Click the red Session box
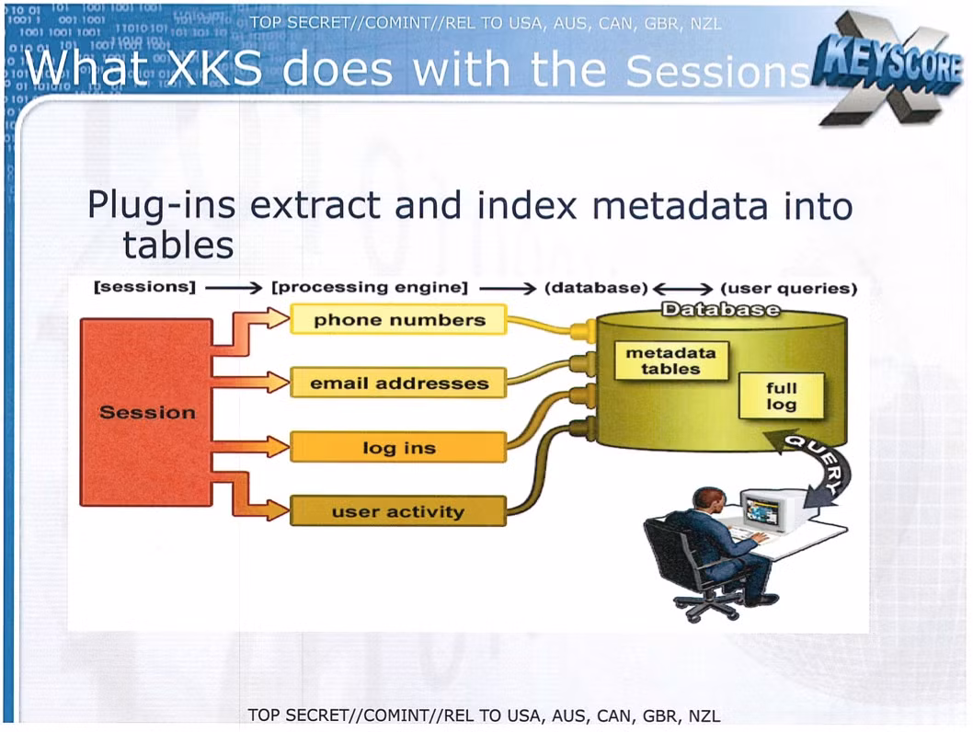pyautogui.click(x=146, y=413)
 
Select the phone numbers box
pyautogui.click(x=398, y=319)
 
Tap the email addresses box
pyautogui.click(x=398, y=383)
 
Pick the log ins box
pyautogui.click(x=398, y=447)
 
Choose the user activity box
pyautogui.click(x=398, y=511)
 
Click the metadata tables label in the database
pyautogui.click(x=670, y=361)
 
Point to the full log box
pyautogui.click(x=782, y=395)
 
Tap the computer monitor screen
pyautogui.click(x=762, y=510)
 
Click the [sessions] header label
pyautogui.click(x=144, y=287)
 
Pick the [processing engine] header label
pyautogui.click(x=370, y=287)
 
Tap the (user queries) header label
pyautogui.click(x=789, y=289)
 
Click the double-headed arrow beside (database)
pyautogui.click(x=682, y=289)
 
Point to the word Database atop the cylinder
pyautogui.click(x=720, y=309)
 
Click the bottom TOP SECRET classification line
pyautogui.click(x=484, y=715)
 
